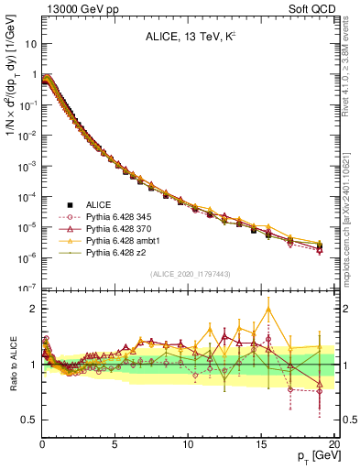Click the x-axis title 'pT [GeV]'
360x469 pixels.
[316, 456]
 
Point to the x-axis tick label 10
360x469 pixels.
[188, 444]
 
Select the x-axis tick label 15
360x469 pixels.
[261, 444]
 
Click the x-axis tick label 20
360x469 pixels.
[333, 444]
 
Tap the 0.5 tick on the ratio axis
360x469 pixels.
[29, 420]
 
